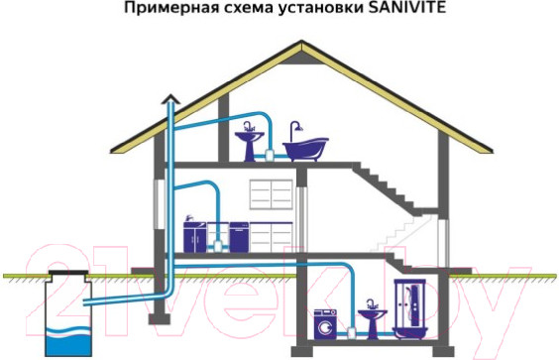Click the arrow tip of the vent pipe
point(170,95)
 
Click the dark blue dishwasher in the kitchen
point(239,235)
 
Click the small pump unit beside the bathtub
point(272,156)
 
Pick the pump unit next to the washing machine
point(348,329)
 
